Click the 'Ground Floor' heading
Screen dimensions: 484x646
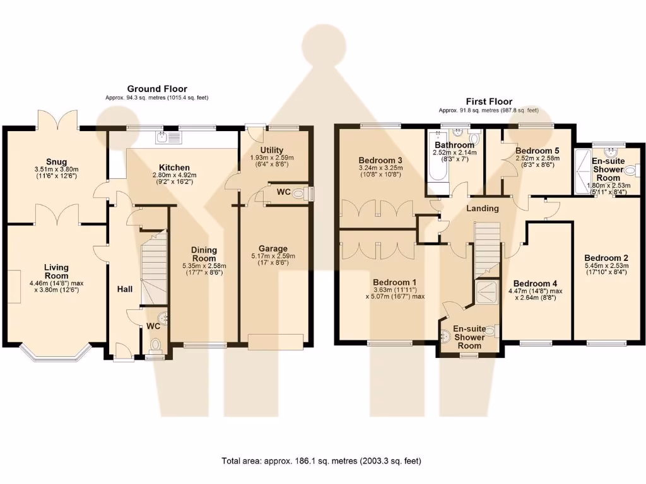(x=157, y=89)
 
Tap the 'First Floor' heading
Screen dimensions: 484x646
(x=489, y=101)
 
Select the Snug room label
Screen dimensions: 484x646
(x=56, y=162)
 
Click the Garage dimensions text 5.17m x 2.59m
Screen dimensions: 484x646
(x=273, y=256)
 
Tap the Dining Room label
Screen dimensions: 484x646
(x=204, y=254)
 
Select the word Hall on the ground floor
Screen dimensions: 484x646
(x=124, y=289)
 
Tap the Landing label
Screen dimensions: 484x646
(x=483, y=208)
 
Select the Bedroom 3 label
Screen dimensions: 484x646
(x=380, y=160)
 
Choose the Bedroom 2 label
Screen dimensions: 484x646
(x=606, y=258)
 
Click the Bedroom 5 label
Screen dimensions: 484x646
(x=537, y=151)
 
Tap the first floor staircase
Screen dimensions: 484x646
(x=486, y=249)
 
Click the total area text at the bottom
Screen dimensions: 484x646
(x=321, y=461)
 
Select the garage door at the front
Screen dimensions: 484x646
(x=276, y=341)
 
